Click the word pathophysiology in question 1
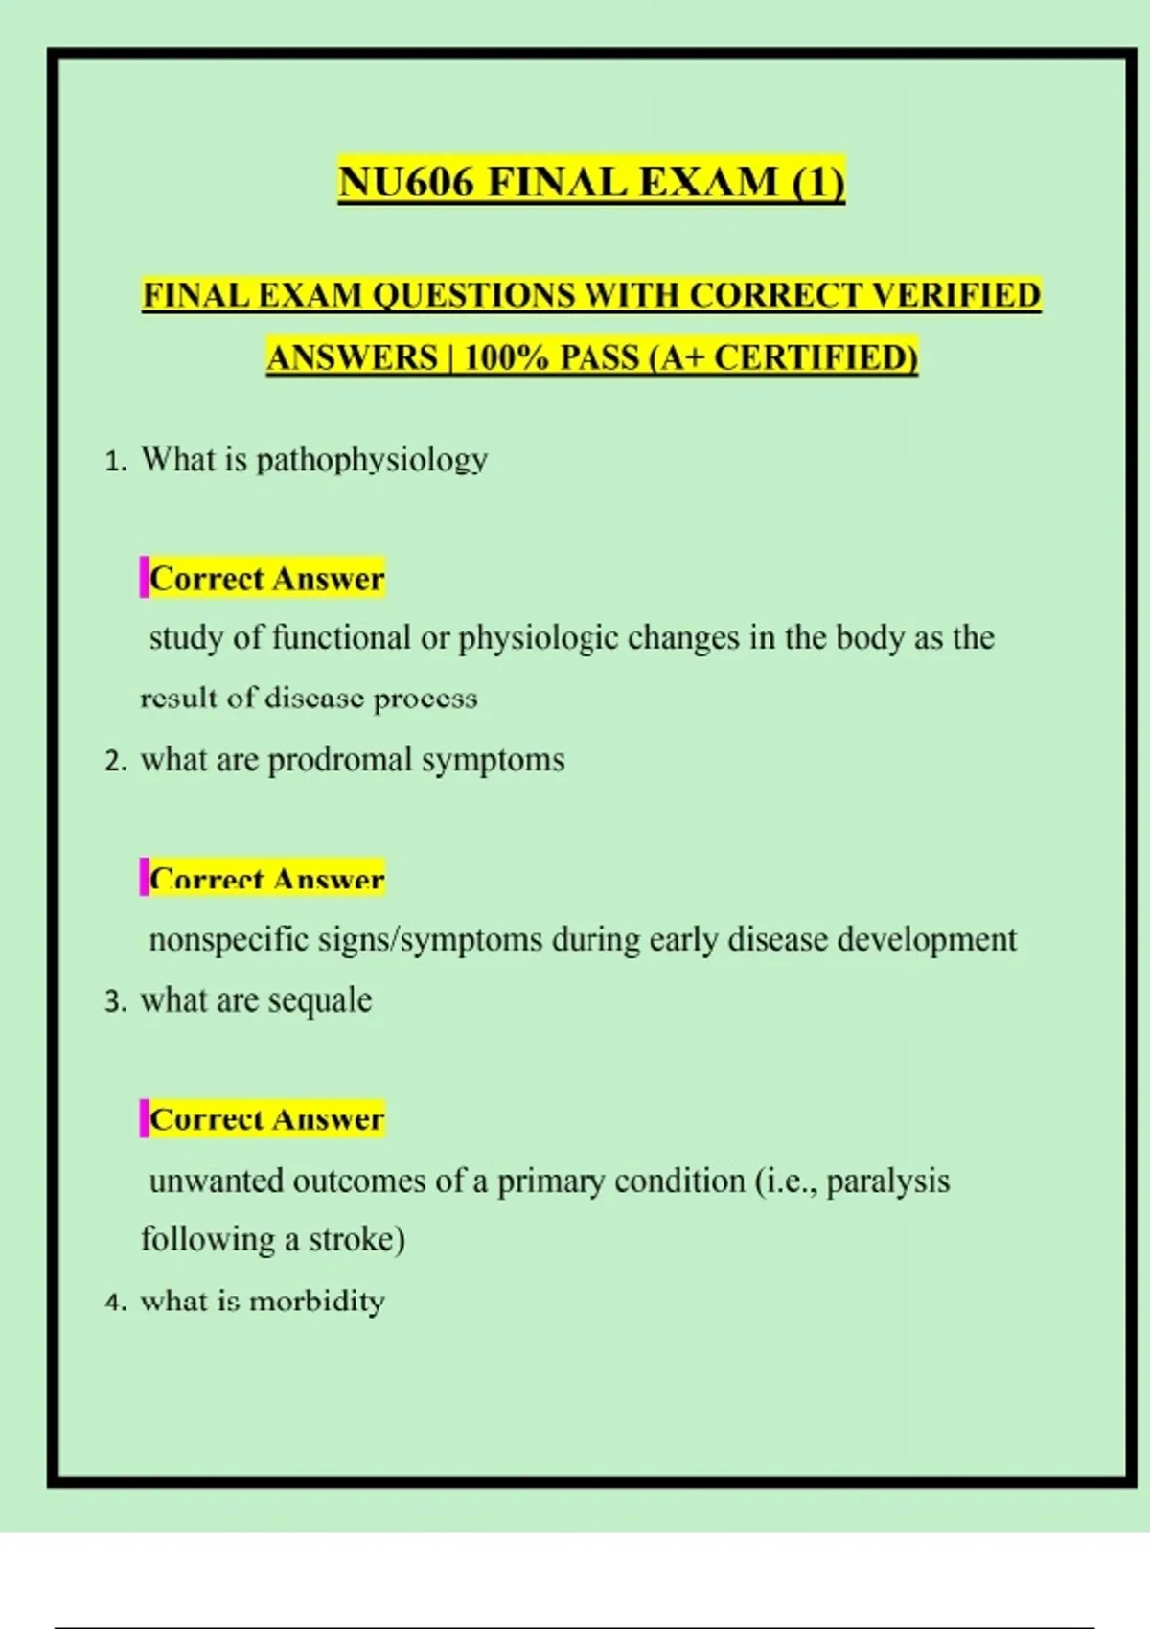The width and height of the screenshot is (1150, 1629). coord(372,460)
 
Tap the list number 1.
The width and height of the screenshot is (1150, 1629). coord(115,462)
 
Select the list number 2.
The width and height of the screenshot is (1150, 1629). coord(115,762)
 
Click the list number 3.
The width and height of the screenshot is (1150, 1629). coord(115,1002)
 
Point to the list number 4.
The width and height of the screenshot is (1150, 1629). coord(115,1302)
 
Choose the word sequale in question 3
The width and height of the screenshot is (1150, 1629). coord(320,1000)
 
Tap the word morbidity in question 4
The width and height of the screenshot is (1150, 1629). coord(316,1301)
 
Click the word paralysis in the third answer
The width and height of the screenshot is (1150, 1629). coord(887,1181)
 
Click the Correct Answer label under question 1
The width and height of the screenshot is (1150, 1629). coord(266,579)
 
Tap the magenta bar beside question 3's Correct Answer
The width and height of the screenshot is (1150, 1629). coord(144,1119)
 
